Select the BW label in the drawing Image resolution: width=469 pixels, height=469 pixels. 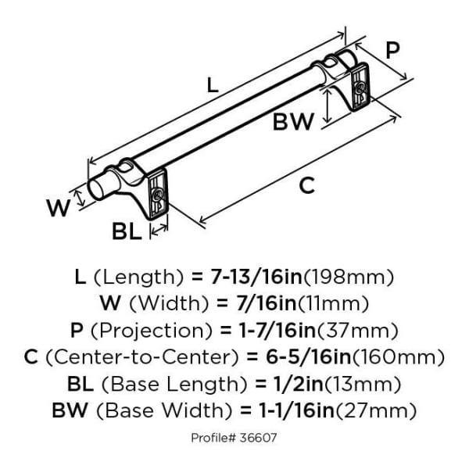293,122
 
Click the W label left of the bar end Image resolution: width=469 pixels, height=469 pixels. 57,208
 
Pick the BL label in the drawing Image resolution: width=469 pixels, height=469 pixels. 127,231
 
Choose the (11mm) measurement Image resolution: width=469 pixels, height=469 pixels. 334,303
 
